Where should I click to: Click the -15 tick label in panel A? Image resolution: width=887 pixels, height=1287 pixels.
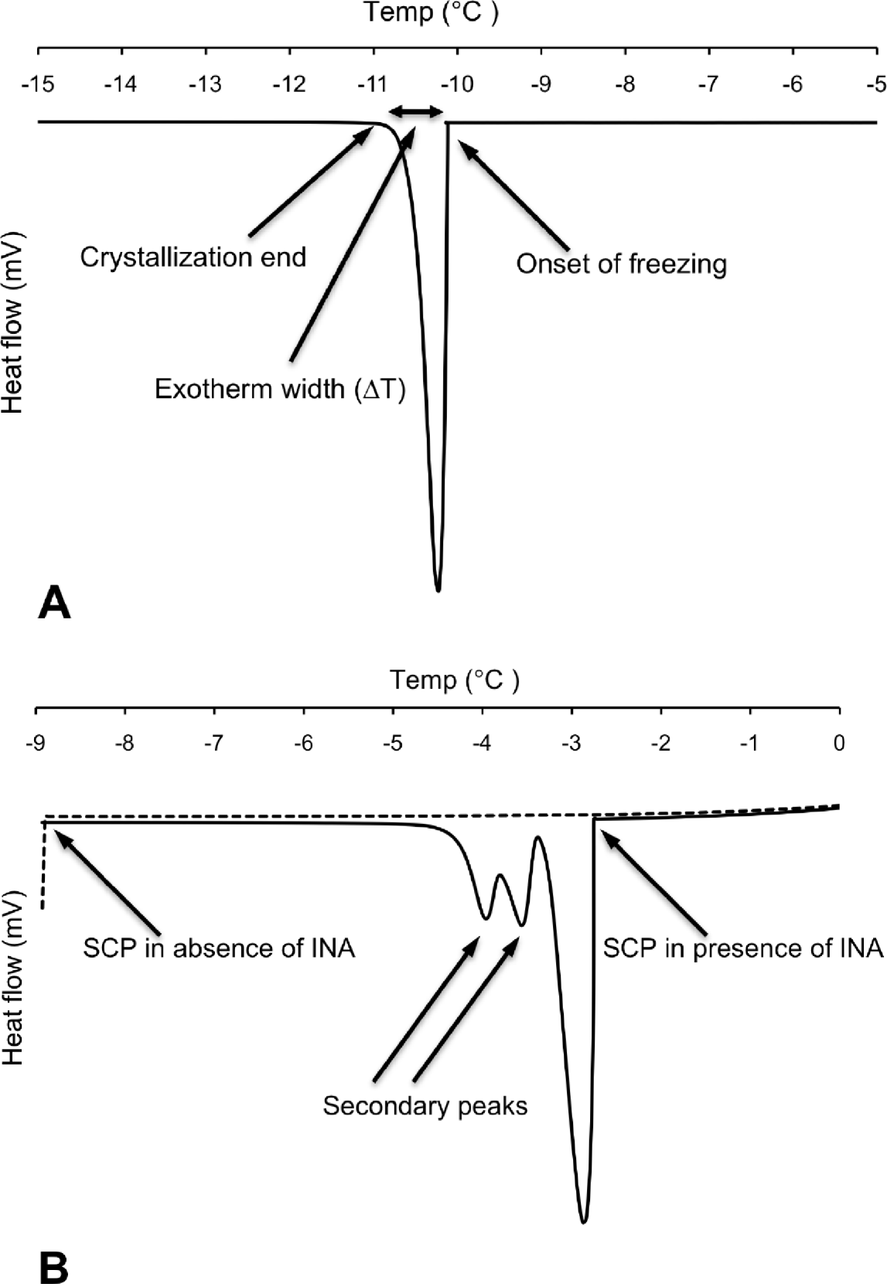[38, 83]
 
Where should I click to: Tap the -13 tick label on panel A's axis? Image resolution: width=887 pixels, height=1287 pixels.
[205, 83]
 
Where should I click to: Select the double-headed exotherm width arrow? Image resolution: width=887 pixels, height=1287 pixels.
[415, 113]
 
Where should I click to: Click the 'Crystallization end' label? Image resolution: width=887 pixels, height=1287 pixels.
[193, 257]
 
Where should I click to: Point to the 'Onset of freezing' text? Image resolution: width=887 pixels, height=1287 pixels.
[621, 264]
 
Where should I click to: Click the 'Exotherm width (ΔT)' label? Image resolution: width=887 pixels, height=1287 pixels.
[280, 388]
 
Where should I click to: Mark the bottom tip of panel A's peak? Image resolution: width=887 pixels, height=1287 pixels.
[438, 590]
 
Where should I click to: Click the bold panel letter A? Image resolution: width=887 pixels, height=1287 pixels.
[53, 604]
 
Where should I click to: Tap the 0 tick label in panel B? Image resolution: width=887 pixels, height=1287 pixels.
[839, 744]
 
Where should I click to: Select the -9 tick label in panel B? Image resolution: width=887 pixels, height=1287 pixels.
[37, 744]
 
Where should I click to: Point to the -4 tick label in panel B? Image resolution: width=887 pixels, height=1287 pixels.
[483, 744]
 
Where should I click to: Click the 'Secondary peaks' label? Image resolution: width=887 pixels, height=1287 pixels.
[425, 1105]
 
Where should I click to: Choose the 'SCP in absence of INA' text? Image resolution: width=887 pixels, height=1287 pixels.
[219, 948]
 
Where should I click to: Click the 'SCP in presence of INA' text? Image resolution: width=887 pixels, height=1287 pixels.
[742, 948]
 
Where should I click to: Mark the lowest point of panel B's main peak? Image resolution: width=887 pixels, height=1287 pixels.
[584, 1222]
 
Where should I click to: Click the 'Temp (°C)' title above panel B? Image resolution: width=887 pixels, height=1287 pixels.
[454, 679]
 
